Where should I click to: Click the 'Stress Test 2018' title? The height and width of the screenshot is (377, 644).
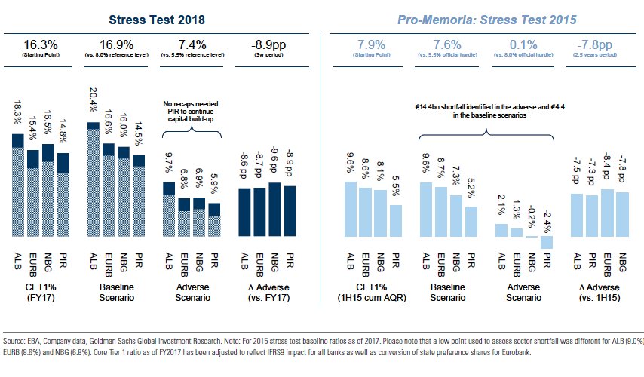[157, 18]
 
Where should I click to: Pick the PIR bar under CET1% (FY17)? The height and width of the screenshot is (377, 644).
[64, 195]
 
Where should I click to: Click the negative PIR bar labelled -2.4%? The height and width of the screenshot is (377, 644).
[547, 242]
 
